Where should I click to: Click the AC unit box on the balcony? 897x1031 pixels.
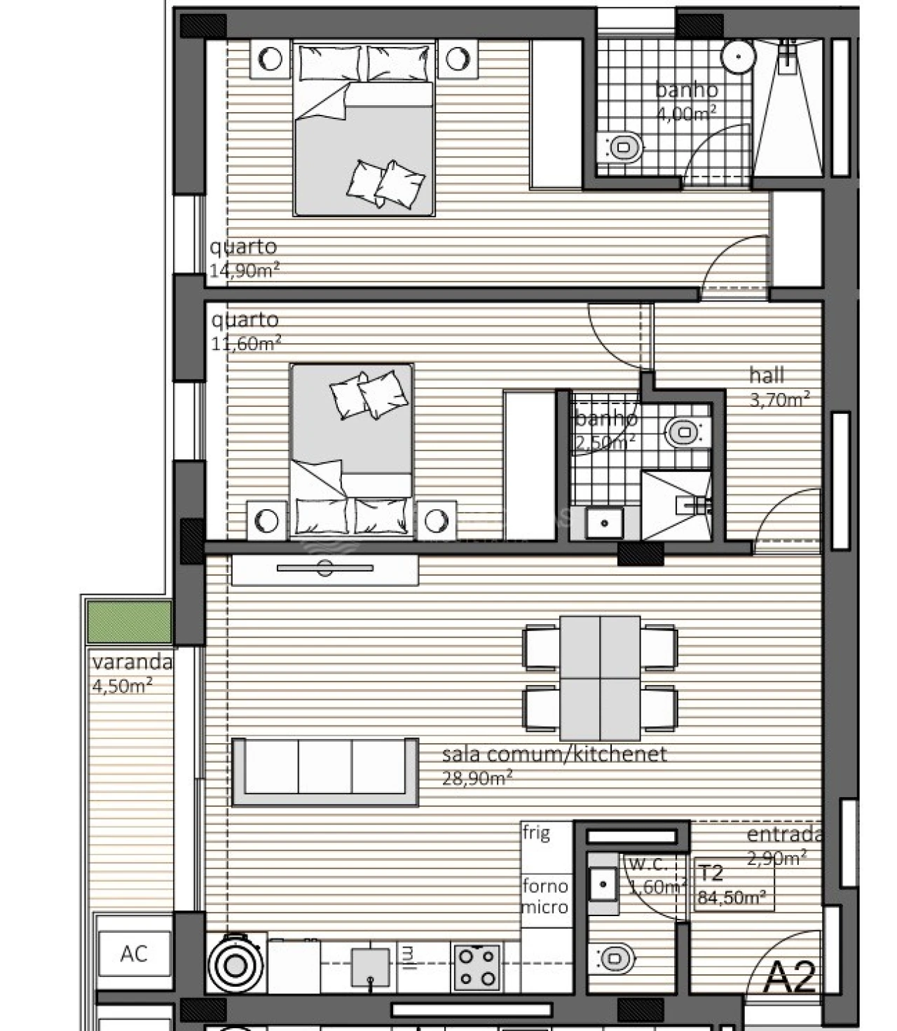pos(134,953)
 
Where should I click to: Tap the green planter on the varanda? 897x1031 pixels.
pos(129,621)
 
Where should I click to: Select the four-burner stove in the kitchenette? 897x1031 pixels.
pos(477,967)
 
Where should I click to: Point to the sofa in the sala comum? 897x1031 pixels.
pos(325,772)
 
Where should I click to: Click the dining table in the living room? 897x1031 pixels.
pos(600,677)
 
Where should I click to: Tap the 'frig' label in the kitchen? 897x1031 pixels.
pos(536,833)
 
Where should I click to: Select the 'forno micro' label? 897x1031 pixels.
pos(545,897)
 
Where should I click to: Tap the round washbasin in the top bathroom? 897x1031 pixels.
pos(738,55)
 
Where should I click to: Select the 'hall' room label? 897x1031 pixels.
pos(767,375)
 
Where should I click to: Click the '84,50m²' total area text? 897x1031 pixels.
pos(731,897)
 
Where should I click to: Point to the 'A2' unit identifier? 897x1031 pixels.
pos(789,978)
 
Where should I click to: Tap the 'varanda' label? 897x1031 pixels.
pos(132,661)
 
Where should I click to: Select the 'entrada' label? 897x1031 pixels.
pos(783,834)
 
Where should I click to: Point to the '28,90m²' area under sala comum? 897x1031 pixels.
pos(477,777)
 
